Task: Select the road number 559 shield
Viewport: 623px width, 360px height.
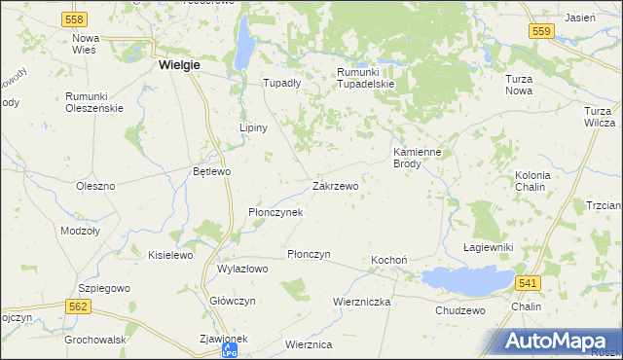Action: [543, 32]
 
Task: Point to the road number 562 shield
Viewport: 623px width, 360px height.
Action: [80, 306]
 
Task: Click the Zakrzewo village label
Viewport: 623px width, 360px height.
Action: [335, 185]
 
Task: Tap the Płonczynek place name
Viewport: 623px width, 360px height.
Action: [275, 211]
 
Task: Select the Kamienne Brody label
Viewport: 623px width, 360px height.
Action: [420, 158]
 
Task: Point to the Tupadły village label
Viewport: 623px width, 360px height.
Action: [282, 84]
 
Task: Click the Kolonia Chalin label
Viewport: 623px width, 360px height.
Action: [532, 181]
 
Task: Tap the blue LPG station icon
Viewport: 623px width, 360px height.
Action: [229, 350]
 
